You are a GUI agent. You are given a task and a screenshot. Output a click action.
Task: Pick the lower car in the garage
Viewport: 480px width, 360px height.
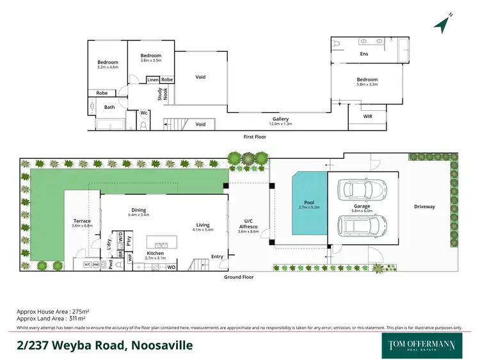[x=363, y=225]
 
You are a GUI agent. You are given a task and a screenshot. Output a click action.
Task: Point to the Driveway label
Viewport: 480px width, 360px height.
[x=424, y=207]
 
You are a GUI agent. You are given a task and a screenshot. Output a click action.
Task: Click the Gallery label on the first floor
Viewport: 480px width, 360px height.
[x=280, y=119]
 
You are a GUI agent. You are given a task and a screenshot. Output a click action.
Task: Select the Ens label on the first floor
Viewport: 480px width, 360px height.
[x=364, y=54]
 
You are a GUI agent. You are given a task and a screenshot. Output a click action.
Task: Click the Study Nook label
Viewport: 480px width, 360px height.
[x=161, y=94]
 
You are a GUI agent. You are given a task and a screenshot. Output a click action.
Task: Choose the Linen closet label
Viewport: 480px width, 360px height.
[x=152, y=79]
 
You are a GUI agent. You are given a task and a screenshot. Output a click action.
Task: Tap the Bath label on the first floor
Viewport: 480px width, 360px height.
[x=110, y=107]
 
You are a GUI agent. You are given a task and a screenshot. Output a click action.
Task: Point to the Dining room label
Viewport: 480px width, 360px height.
[x=138, y=210]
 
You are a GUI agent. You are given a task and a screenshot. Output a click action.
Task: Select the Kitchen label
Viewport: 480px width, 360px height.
[x=155, y=253]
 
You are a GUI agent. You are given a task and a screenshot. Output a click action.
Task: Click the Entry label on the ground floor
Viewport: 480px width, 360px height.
[x=218, y=257]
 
